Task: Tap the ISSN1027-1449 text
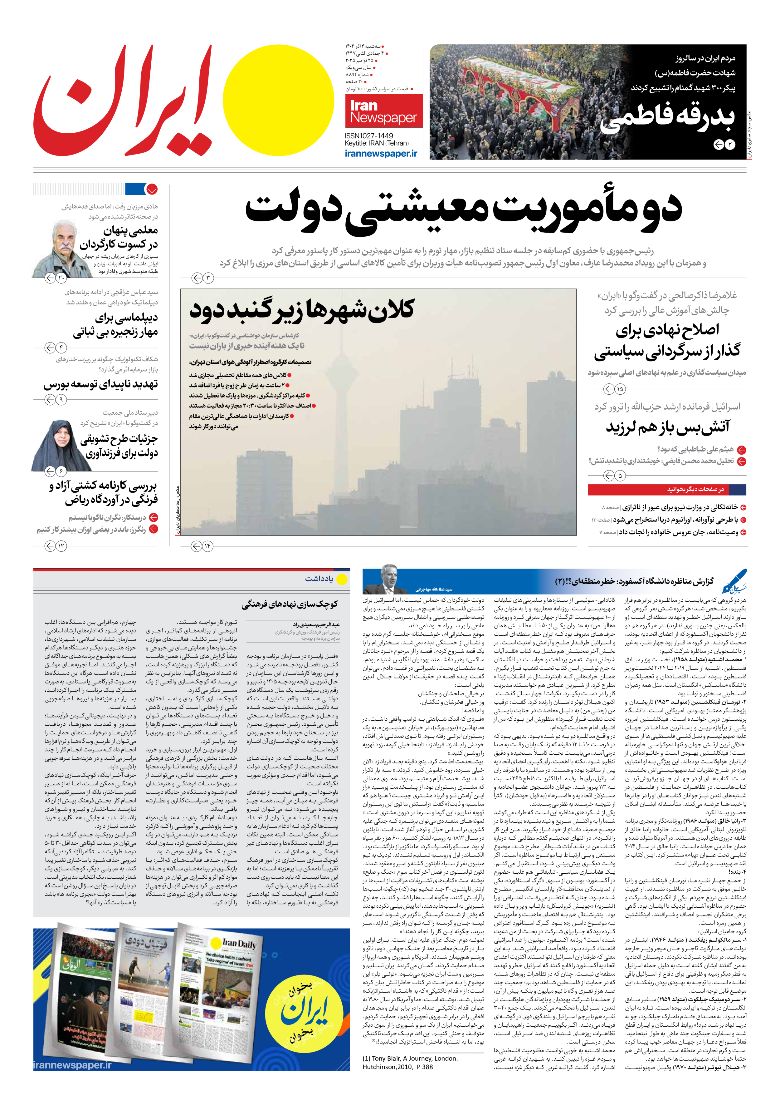pos(369,136)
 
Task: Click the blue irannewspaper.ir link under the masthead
pos(381,153)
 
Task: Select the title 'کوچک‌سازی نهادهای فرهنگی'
pos(289,604)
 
